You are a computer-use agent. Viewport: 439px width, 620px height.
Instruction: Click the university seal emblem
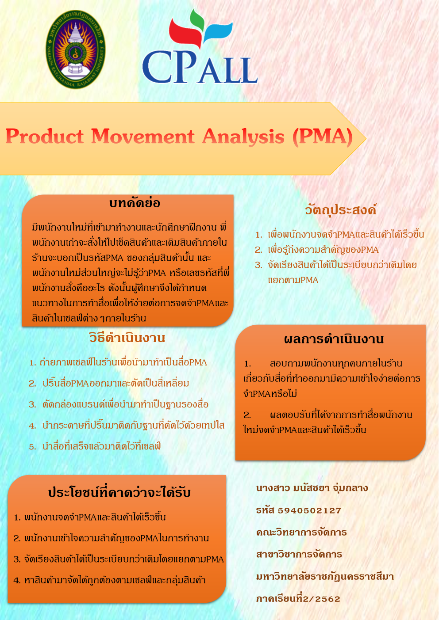pyautogui.click(x=75, y=49)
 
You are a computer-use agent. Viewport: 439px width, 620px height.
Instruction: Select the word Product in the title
pyautogui.click(x=44, y=136)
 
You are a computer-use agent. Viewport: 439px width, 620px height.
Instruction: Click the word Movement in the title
pyautogui.click(x=143, y=136)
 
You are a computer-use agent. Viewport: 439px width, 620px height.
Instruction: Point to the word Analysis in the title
pyautogui.click(x=243, y=137)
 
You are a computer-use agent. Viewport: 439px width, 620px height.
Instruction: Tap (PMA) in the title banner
pyautogui.click(x=323, y=137)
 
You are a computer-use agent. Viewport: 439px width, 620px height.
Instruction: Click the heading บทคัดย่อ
pyautogui.click(x=135, y=203)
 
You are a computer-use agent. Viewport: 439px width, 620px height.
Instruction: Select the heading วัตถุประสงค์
pyautogui.click(x=341, y=209)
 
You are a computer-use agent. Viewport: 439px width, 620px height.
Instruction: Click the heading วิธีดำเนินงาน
pyautogui.click(x=127, y=338)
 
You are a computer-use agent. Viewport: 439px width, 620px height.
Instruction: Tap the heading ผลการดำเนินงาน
pyautogui.click(x=334, y=339)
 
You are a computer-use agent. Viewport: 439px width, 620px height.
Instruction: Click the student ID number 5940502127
pyautogui.click(x=309, y=510)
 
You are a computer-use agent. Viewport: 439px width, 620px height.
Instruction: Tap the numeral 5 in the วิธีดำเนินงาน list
pyautogui.click(x=32, y=447)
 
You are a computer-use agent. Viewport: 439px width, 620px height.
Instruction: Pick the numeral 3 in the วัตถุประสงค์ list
pyautogui.click(x=258, y=265)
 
